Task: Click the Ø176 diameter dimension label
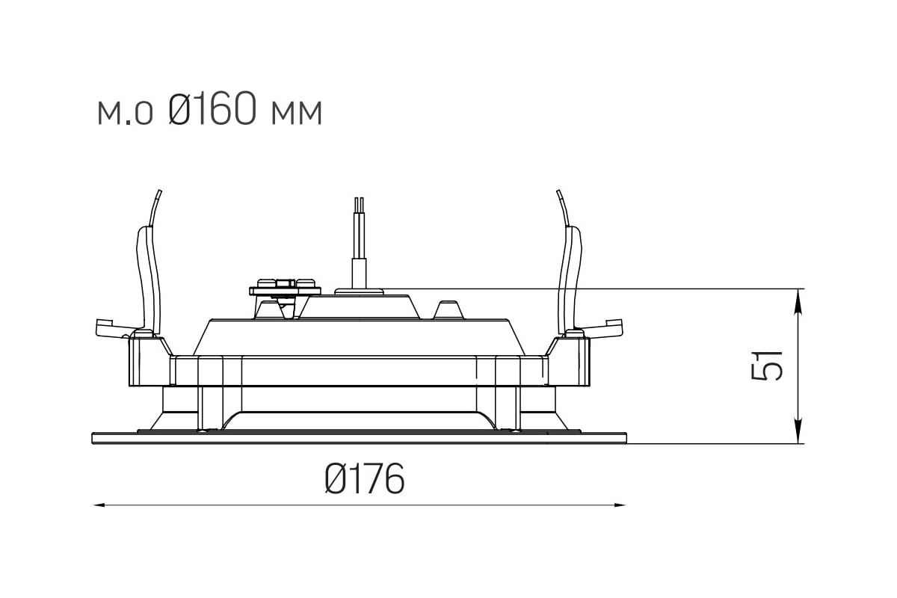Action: point(365,478)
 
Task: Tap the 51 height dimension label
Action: point(766,366)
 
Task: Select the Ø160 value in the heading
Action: point(212,108)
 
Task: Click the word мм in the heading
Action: point(297,113)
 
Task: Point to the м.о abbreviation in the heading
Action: point(125,113)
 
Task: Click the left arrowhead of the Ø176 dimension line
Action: point(99,505)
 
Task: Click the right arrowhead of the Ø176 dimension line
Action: point(620,505)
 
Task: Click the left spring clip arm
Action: point(149,277)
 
